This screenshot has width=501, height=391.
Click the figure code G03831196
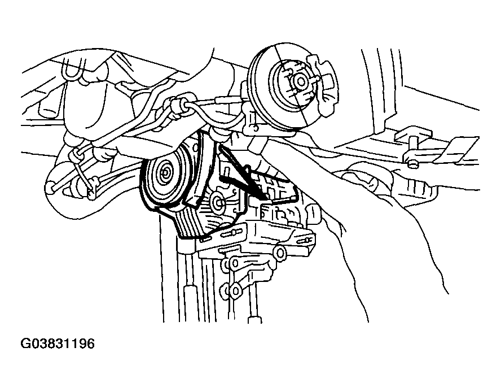[x=58, y=344]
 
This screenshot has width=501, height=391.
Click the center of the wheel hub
[x=301, y=81]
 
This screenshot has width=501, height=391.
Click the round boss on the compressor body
[x=219, y=202]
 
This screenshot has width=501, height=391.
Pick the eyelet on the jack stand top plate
[x=280, y=253]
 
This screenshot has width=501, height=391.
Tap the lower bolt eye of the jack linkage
[x=235, y=291]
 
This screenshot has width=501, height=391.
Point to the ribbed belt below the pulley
[x=192, y=224]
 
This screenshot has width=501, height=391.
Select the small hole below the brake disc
[x=255, y=128]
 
